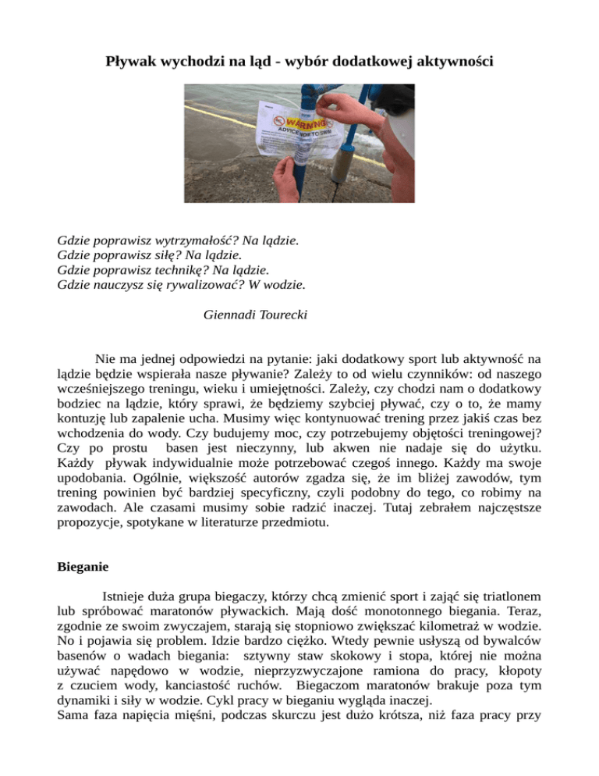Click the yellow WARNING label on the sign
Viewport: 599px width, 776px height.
coord(307,124)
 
